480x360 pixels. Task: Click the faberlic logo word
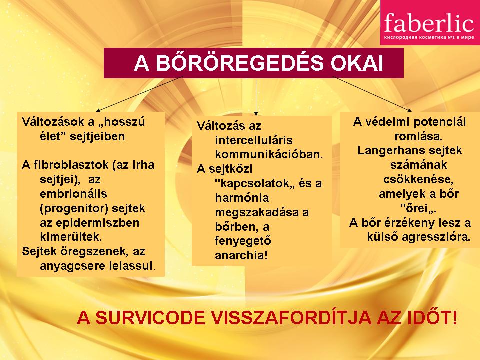point(429,23)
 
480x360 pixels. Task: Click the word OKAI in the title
point(357,63)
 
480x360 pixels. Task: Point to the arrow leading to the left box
point(140,94)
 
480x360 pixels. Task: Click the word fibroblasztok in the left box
point(71,165)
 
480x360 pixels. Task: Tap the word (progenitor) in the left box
point(74,209)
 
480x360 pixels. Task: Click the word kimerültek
point(71,237)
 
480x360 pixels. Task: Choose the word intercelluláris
point(254,140)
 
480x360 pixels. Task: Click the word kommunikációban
point(269,154)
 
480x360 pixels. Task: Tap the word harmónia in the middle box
point(242,198)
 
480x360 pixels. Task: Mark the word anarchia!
point(241,255)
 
